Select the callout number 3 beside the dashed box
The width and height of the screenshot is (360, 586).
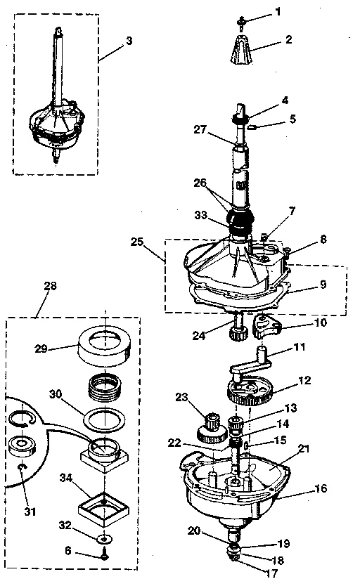[x=129, y=41]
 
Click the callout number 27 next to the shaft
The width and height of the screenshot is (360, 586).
[x=200, y=129]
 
